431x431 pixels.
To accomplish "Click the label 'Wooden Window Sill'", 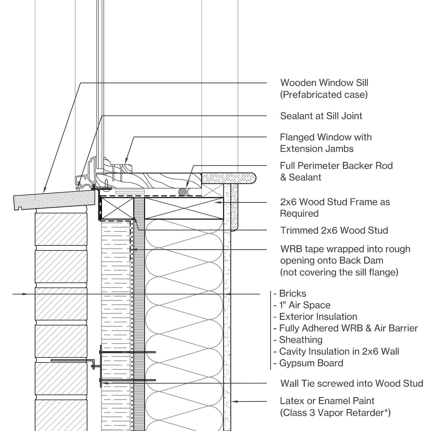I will tap(324, 83).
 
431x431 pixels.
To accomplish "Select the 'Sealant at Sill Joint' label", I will tap(321, 116).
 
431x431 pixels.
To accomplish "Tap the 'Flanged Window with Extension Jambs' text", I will tap(325, 143).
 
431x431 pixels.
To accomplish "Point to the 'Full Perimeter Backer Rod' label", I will tap(336, 166).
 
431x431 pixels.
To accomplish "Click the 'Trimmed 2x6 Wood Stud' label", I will tap(334, 231).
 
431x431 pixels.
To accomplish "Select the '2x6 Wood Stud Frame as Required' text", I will tap(334, 208).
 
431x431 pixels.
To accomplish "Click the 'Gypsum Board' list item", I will tap(311, 363).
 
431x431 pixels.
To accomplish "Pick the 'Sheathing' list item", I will tap(301, 340).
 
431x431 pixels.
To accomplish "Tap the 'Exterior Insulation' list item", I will tap(318, 317).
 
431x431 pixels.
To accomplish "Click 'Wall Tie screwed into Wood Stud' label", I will tap(352, 384).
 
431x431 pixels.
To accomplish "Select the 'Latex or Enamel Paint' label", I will tap(327, 401).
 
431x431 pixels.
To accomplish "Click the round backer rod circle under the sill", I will tap(184, 192).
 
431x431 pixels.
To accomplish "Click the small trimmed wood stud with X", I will tap(117, 208).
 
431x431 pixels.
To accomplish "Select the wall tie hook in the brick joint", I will tap(94, 365).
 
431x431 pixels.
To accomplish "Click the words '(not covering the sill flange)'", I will tap(339, 272).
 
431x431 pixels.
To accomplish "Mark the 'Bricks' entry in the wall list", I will tap(292, 294).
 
